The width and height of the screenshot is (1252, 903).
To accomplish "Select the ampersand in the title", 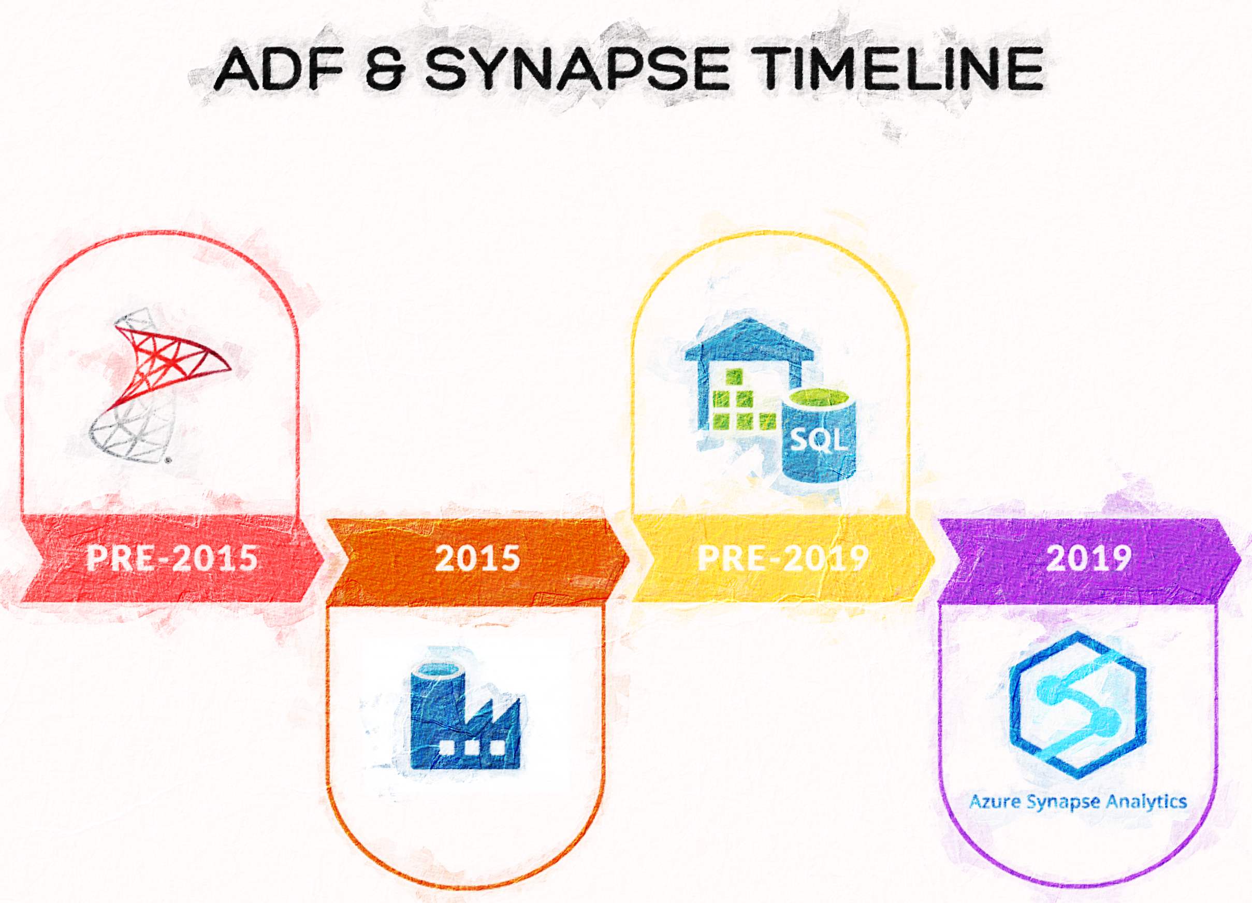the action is pos(385,69).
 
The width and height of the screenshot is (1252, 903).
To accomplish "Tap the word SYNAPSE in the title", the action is pos(577,69).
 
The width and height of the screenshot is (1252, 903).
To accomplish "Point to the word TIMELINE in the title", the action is pos(897,69).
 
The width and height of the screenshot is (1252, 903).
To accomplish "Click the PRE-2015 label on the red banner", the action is pos(172,558).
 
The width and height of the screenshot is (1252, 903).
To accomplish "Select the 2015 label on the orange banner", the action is pos(477,558).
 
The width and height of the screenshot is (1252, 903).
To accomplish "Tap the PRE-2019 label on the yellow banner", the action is pos(783,558).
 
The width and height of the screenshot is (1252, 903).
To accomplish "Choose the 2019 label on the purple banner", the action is pos(1088,558).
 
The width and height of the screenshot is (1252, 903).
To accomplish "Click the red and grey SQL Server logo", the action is pos(160,385).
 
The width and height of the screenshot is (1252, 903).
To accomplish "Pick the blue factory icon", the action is pos(465,716).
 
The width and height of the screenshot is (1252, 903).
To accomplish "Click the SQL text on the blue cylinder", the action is pos(819,440).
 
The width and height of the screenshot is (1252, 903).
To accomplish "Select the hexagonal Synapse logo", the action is pos(1078,705).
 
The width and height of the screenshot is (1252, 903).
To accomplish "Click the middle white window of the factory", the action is pos(471,747).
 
